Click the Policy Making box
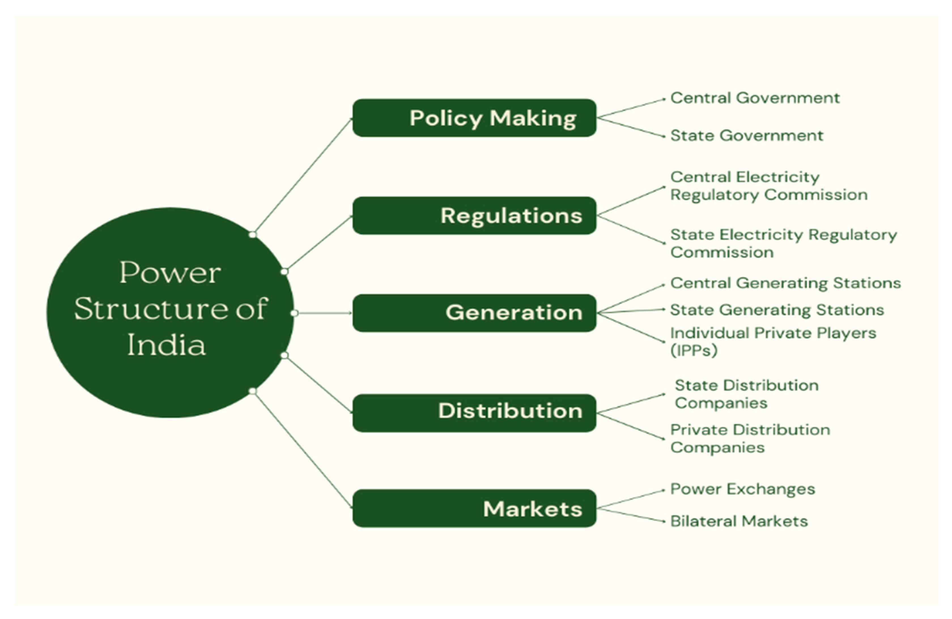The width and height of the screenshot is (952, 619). (474, 118)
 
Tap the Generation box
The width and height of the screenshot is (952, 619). (474, 313)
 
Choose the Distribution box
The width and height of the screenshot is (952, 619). (474, 412)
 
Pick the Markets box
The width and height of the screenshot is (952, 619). (474, 508)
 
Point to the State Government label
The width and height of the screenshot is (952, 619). (746, 136)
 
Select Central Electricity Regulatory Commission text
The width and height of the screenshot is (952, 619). (768, 186)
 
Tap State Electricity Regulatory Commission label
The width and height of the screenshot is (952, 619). (783, 243)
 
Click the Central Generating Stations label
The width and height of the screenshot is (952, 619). (785, 283)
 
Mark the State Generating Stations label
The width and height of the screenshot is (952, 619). (776, 310)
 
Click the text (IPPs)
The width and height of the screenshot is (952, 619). (694, 351)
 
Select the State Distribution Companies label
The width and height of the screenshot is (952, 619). (746, 394)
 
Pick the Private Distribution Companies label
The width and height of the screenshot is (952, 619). (750, 438)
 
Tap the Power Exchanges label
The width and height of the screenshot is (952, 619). (742, 489)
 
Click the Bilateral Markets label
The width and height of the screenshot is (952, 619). (738, 521)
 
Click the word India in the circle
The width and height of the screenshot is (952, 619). (166, 345)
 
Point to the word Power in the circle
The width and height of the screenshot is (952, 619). (170, 273)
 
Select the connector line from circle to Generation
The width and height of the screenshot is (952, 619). (324, 313)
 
